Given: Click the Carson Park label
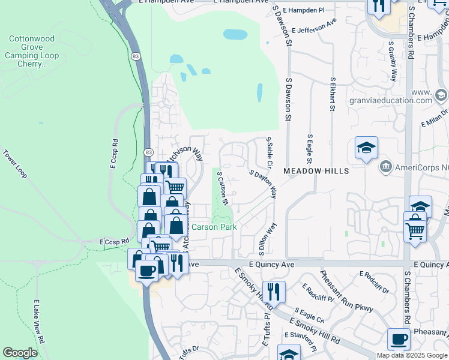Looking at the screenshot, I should tap(214, 227).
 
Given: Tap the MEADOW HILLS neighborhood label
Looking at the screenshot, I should tap(316, 172).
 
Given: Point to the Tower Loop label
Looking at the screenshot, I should tap(15, 164).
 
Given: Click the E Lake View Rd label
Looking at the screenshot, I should tap(39, 320).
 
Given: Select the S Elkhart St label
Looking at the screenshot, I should tap(331, 94).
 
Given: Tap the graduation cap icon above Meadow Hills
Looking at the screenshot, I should tap(366, 148).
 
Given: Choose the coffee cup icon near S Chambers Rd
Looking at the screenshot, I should tap(399, 339).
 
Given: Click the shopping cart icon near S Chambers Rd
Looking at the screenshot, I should tap(415, 230).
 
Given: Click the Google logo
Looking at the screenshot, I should tap(20, 353).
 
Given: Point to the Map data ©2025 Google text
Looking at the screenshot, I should tap(412, 355).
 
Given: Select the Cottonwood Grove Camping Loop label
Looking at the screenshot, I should tap(31, 51).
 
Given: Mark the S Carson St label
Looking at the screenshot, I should tap(223, 188).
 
